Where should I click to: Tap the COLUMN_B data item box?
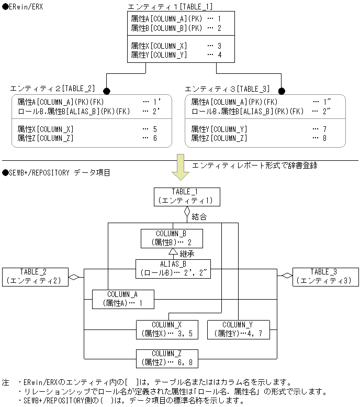click(x=171, y=238)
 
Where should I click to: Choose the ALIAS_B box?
click(x=173, y=268)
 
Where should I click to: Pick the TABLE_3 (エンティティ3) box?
click(x=325, y=276)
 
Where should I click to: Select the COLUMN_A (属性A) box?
click(x=122, y=299)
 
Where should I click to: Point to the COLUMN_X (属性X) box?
click(x=167, y=329)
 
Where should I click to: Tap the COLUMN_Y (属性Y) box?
click(x=238, y=329)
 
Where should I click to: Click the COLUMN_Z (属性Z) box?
click(x=167, y=358)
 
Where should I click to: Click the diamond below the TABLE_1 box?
click(x=187, y=213)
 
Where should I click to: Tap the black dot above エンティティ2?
click(x=107, y=90)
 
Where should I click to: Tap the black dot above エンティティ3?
click(x=282, y=90)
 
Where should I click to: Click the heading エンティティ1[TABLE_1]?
click(x=170, y=7)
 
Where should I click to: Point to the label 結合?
click(x=199, y=216)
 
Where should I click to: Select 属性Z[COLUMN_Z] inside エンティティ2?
click(x=46, y=138)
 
